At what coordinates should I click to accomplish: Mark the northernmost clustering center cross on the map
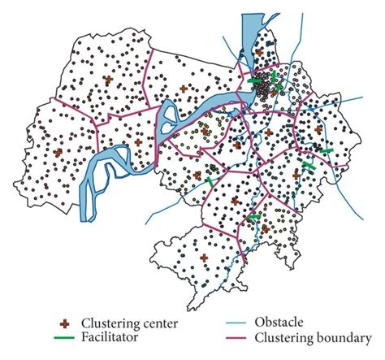[x=258, y=52]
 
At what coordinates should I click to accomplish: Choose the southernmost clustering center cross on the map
[x=204, y=257]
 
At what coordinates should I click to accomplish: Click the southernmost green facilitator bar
[x=253, y=218]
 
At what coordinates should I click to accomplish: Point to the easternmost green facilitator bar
[x=326, y=151]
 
